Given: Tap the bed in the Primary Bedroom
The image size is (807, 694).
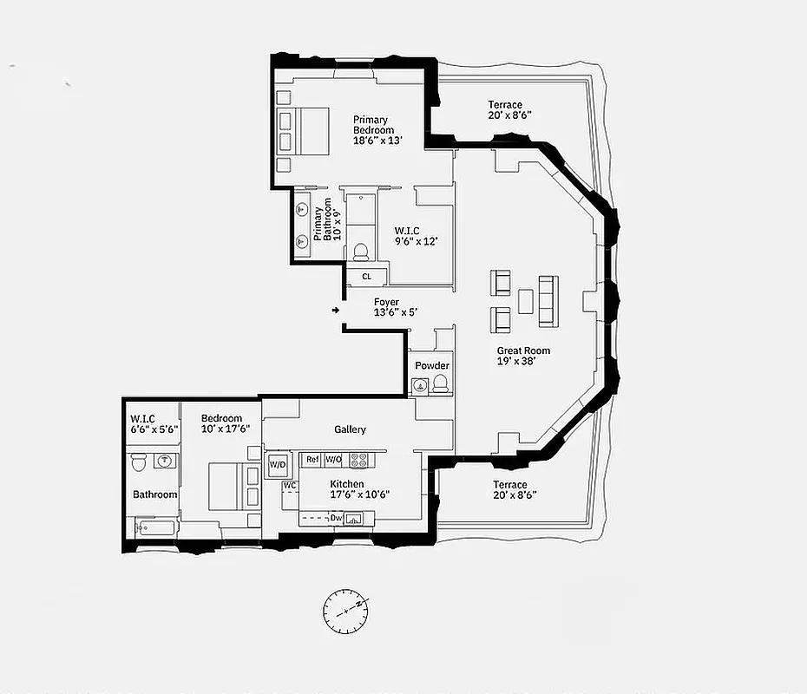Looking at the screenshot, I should coord(304,130).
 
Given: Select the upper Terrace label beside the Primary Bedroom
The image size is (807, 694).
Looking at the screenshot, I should coord(509,109).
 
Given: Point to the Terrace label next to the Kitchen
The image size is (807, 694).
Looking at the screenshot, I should coord(509,489).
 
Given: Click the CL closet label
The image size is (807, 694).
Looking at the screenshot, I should coord(367,277).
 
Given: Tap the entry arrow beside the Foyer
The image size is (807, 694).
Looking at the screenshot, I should coord(335,309).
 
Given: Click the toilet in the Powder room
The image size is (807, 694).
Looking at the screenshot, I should coord(440,384).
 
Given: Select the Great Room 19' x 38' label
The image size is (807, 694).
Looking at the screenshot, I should coord(523,356).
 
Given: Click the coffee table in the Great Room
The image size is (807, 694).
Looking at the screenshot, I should coord(526,301).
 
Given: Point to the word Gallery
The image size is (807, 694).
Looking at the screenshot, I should coord(351,429).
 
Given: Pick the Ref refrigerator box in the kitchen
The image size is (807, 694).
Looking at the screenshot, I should coord(312,459).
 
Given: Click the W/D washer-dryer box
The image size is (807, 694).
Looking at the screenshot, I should coord(278,464).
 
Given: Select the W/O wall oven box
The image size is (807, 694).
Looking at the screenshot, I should coord(334,459).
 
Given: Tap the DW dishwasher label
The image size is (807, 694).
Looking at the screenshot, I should coord(337,519).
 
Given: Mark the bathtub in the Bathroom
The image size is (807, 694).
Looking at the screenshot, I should coord(154,527).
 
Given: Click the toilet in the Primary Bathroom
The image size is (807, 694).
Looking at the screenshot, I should coord(360,252).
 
